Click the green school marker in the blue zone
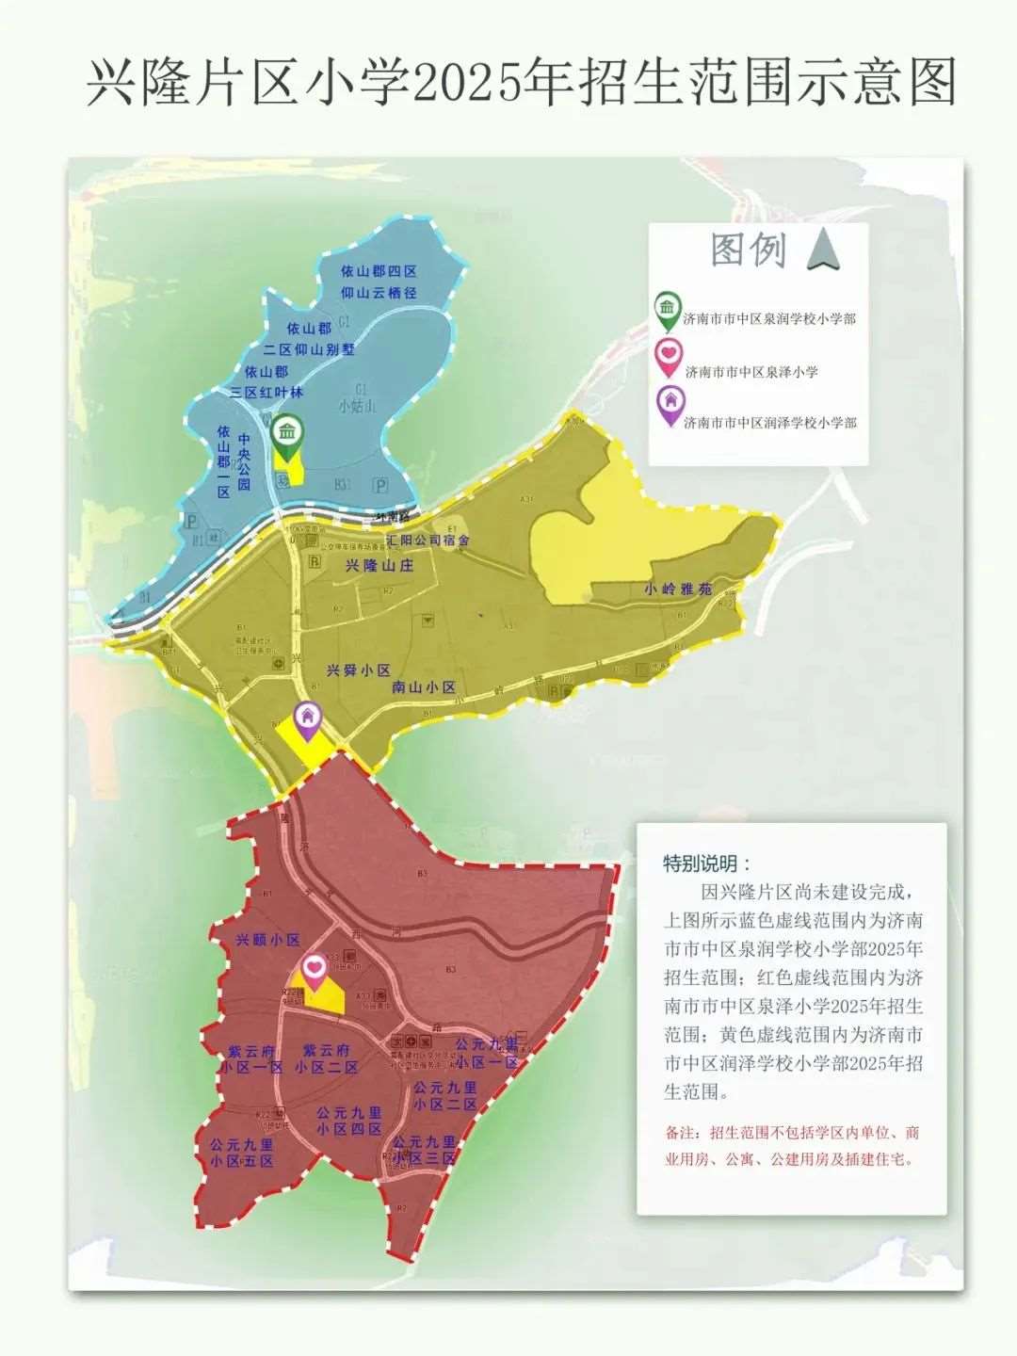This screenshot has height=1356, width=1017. (x=287, y=434)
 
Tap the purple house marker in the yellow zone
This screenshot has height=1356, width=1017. (x=306, y=718)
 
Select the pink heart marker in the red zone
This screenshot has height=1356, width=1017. (x=315, y=968)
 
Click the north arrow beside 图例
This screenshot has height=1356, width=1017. (x=824, y=250)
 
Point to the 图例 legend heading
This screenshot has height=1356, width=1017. (x=748, y=250)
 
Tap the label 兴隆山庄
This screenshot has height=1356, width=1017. (x=379, y=566)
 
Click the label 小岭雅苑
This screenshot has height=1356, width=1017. (x=678, y=589)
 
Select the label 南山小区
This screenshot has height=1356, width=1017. (x=424, y=687)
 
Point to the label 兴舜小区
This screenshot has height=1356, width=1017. (x=358, y=670)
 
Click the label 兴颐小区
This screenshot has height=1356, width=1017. (x=267, y=940)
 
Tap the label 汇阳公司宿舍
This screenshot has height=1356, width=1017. (x=428, y=541)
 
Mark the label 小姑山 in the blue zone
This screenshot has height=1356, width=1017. (x=357, y=406)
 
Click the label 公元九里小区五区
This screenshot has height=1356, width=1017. (x=242, y=1154)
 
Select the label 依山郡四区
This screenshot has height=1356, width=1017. (x=379, y=271)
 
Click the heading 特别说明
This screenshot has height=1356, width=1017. (x=707, y=864)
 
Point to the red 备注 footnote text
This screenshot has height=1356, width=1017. (x=792, y=1146)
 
